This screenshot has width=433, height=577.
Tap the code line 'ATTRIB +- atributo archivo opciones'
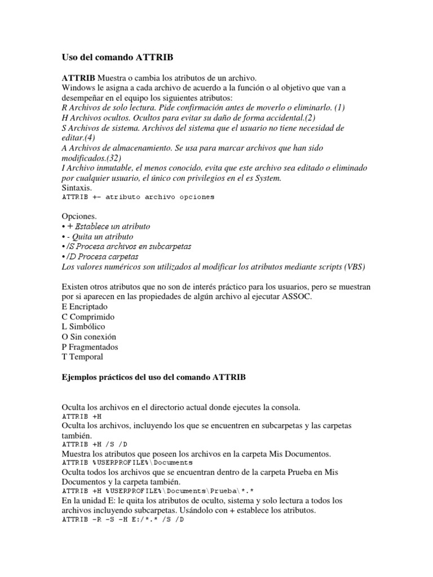[138, 197]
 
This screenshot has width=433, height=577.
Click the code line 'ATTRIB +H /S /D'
[94, 444]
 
